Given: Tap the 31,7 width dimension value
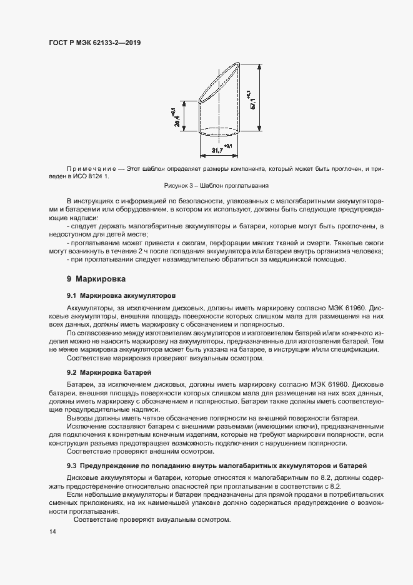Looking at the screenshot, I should pos(217,151).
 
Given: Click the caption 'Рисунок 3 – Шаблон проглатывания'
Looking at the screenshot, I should pos(216,185).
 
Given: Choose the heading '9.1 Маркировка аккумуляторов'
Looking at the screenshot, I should pos(121,295).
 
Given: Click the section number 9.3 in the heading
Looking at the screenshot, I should pos(72,465).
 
